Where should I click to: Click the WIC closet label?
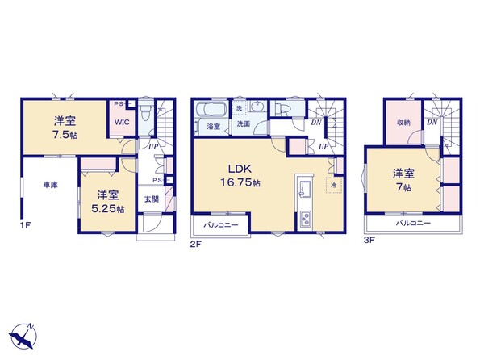coord(122,122)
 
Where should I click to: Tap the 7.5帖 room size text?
coord(65,135)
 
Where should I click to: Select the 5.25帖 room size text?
coord(108,209)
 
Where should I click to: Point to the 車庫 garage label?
coord(51,185)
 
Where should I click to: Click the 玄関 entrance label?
coord(152,199)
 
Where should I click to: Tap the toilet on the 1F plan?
coord(145,113)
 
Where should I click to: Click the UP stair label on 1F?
coord(153,147)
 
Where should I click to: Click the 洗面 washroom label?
coord(244,124)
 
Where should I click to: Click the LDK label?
coord(240,169)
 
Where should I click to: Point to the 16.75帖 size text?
coord(240,183)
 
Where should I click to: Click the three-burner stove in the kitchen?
coord(305,220)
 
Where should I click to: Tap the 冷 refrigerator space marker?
coord(334,185)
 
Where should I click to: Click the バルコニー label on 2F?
coord(221,225)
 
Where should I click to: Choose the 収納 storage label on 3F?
coord(403,123)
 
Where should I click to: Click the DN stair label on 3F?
coord(432,123)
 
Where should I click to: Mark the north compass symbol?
coord(23,336)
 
